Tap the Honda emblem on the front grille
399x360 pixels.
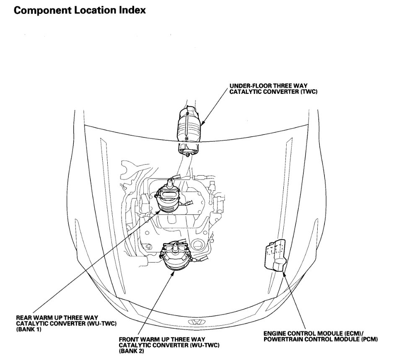(194, 322)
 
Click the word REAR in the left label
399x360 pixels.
(23, 317)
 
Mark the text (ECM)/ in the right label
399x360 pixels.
(361, 333)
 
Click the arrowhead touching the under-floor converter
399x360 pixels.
(203, 124)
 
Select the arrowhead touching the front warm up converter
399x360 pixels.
(173, 272)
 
